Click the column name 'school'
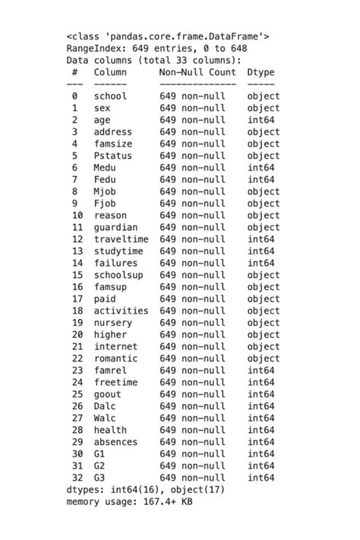coord(110,96)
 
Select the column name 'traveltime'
coord(122,239)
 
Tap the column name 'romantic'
coord(115,358)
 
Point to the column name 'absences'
coord(115,442)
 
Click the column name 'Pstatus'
coord(113,156)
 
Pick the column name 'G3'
coord(99,478)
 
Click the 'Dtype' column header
coord(261,72)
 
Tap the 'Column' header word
coord(110,72)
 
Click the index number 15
coord(77,275)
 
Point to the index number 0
coord(74,96)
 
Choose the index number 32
coord(77,478)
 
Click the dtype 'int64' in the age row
coord(261,120)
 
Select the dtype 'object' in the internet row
coord(264,346)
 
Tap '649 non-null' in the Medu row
coord(192,168)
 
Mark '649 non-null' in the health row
coord(192,430)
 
